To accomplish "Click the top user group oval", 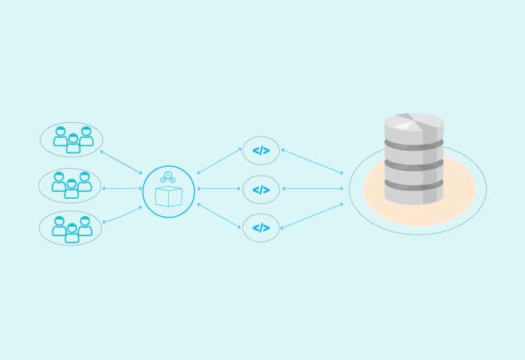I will (71, 139).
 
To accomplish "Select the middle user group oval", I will (70, 185).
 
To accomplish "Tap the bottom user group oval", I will (70, 229).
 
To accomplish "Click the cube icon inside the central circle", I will (169, 196).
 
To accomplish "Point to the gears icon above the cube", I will (168, 177).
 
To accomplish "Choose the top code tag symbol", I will (261, 151).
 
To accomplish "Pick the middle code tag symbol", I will (261, 190).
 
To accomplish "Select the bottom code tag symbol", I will (261, 228).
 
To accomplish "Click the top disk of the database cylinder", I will (414, 124).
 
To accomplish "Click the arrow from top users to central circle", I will (121, 162).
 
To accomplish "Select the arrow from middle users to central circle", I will (121, 188).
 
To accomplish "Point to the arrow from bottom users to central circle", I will (121, 214).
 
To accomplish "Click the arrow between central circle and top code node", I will (219, 160).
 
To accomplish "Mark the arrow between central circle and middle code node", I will (219, 189).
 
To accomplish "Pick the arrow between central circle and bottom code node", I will (219, 215).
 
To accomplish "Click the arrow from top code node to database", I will (312, 161).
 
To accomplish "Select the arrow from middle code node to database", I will (312, 189).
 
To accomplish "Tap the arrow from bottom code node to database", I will (312, 215).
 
